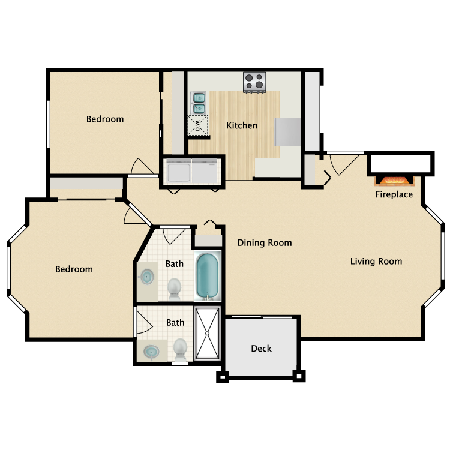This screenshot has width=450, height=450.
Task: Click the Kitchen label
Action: (242, 125)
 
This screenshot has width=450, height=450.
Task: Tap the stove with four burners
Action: (254, 82)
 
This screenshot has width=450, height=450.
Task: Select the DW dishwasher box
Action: (198, 125)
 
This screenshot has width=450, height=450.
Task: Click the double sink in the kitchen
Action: (199, 102)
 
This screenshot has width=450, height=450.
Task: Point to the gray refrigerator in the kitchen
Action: (287, 131)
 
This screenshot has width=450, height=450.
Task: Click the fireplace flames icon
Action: (394, 180)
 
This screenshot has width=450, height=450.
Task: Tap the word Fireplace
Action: (394, 194)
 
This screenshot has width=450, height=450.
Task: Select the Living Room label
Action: (376, 261)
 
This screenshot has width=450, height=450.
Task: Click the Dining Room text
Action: (264, 243)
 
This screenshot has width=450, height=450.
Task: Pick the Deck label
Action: (261, 348)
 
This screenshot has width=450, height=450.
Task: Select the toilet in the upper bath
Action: (175, 288)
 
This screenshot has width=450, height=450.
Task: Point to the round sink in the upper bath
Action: (146, 277)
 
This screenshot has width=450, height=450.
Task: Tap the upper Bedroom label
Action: (105, 119)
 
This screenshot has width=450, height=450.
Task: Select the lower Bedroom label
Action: (74, 269)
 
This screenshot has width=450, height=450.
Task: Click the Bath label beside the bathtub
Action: (175, 263)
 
